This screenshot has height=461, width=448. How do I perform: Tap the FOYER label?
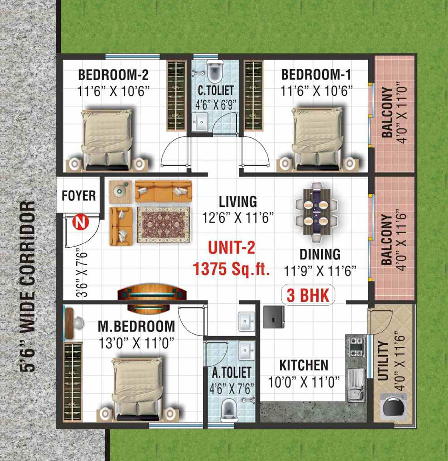(x=79, y=196)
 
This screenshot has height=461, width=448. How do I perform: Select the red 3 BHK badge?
(x=308, y=294)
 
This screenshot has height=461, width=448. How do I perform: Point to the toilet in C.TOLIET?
(x=215, y=71)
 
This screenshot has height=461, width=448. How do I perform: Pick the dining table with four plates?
(x=316, y=212)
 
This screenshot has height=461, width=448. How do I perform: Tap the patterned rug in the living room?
(x=163, y=225)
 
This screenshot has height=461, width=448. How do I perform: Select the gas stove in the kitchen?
(x=356, y=347)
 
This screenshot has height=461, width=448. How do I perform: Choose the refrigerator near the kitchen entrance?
(x=274, y=317)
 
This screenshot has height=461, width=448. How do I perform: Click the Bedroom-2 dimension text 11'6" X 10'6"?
(x=113, y=91)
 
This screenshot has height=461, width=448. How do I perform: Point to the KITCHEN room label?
(x=304, y=365)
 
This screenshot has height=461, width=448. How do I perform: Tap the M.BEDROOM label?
(x=136, y=326)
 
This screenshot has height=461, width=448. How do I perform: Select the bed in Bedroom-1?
(x=317, y=138)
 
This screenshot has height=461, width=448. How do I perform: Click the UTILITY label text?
(x=383, y=361)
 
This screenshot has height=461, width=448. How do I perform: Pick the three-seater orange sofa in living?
(x=163, y=191)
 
